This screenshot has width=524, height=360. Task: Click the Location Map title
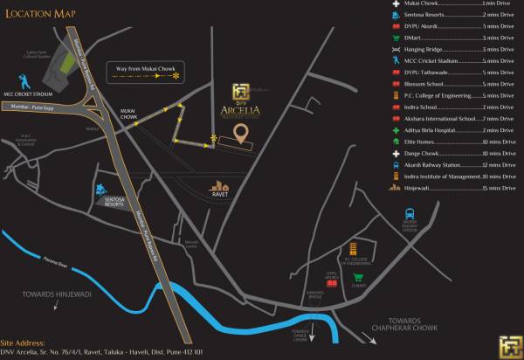tap(40, 14)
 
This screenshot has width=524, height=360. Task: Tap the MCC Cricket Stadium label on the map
tap(29, 119)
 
